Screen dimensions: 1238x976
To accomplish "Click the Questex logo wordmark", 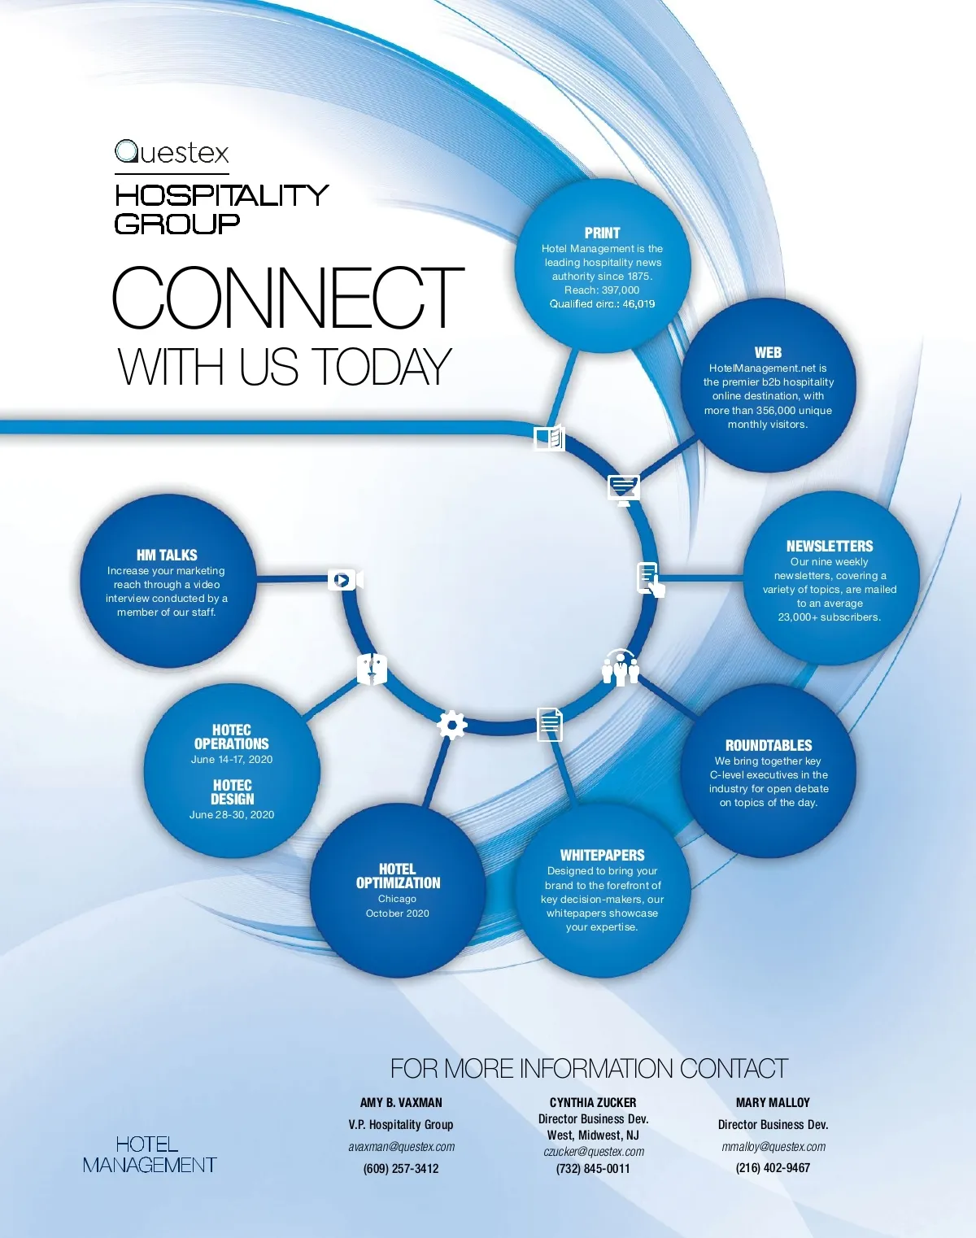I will point(172,153).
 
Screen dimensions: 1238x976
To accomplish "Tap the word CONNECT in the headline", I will point(288,298).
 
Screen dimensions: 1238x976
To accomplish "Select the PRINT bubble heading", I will point(602,233).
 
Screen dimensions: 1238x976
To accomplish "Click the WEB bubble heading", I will point(768,352).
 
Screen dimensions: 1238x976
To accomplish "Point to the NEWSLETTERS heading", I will point(829,546).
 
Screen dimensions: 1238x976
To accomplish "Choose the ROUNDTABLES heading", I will point(769,745).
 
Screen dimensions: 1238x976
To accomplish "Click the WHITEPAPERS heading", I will point(602,855).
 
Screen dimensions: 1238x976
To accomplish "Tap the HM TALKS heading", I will point(167,555).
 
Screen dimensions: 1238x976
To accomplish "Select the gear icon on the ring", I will point(451,724).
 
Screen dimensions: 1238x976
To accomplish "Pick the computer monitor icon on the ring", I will point(624,489).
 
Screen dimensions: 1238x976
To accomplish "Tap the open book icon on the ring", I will point(549,438).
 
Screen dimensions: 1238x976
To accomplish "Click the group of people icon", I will point(621,668).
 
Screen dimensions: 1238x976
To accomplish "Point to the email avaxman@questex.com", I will point(402,1147).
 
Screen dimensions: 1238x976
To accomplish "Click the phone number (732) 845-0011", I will point(593,1168).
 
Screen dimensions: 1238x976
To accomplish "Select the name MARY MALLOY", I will point(773,1102).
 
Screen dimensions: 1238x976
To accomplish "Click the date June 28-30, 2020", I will point(232,814).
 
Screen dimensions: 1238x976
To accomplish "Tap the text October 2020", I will point(397,913).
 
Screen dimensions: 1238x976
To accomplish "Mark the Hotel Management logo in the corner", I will point(150,1154).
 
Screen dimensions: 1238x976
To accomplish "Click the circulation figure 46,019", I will point(638,303).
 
